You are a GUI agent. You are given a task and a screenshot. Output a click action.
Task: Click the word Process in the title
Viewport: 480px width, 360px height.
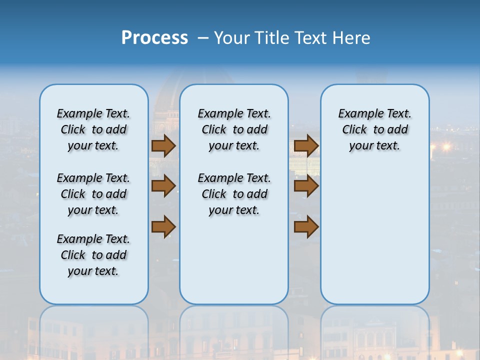154,38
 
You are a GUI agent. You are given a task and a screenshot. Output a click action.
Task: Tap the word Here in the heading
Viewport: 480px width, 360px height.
351,38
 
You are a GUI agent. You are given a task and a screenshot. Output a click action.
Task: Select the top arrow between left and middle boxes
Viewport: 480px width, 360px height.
163,146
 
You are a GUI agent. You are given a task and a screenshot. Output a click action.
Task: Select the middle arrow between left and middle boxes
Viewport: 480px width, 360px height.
163,186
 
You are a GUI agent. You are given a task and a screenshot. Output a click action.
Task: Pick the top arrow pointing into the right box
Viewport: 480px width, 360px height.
306,146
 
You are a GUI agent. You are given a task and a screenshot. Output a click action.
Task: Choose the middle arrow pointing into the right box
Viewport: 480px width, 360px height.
306,186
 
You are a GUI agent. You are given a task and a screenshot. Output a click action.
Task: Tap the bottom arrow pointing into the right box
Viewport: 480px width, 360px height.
306,227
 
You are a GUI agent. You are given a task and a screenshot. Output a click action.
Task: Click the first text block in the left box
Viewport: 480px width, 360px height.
93,129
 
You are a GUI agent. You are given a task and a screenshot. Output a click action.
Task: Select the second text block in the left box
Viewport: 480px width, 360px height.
93,194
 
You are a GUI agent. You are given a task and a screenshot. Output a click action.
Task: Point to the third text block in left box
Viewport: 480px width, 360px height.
93,255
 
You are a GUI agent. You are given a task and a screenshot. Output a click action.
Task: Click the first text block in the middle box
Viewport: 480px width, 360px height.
234,129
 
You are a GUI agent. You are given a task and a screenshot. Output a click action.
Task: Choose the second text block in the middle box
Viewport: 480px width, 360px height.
234,194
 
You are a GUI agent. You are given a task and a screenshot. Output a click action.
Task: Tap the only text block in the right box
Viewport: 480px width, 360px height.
374,129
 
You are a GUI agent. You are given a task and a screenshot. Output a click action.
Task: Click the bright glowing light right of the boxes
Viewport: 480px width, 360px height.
446,146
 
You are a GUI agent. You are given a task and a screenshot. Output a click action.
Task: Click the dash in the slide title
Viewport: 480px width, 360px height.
203,38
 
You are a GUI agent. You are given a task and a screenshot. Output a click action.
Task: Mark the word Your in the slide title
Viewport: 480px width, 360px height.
232,38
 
